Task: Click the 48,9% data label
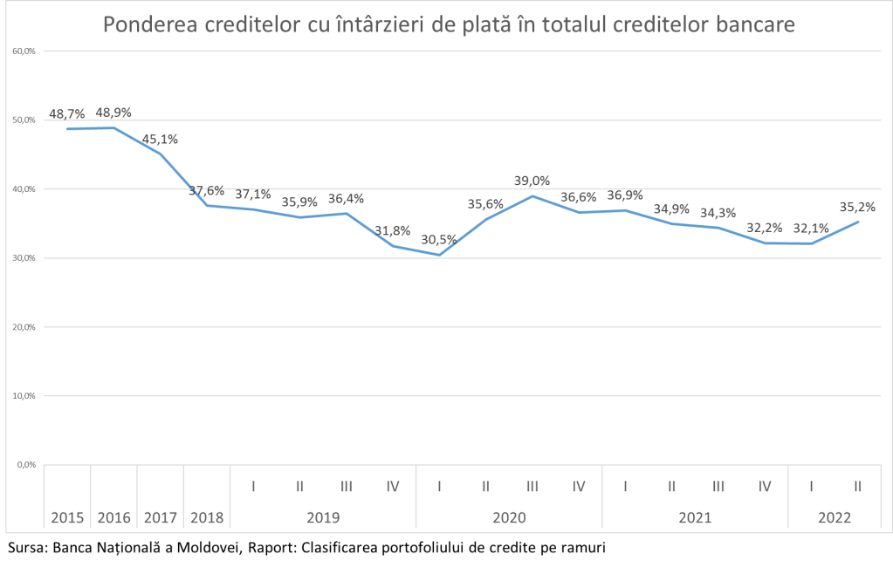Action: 113,113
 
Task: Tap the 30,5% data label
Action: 439,240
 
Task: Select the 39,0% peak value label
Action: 532,181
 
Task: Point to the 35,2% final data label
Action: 857,208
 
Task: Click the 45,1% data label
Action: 160,137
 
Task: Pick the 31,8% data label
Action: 392,230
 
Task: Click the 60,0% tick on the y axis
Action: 24,51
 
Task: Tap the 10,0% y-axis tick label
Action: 24,396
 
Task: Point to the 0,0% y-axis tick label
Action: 25,465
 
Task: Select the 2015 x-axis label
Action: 67,517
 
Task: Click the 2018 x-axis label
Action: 207,517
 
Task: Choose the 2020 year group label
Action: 509,517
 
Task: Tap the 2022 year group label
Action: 835,517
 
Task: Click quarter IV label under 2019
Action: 392,486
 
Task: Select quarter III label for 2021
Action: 718,486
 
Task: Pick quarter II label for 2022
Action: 858,486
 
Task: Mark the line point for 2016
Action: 113,127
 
